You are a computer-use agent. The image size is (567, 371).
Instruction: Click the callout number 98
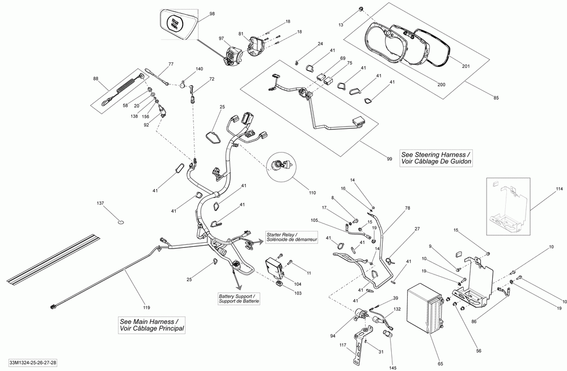point(212,14)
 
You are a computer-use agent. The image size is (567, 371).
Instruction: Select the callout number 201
point(466,66)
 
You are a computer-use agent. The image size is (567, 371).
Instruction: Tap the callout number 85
point(496,98)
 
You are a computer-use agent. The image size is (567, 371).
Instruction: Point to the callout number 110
point(312,193)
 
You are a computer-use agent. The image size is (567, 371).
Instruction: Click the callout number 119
point(146,308)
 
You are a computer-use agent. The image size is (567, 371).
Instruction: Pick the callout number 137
point(100,204)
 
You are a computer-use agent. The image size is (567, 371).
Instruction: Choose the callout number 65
point(441,364)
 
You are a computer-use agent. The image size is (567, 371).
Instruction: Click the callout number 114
point(559,189)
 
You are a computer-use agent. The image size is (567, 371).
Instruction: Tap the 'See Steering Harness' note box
point(436,158)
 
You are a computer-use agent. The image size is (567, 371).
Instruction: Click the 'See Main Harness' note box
point(151,325)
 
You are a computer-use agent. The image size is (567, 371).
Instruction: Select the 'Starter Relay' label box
point(291,238)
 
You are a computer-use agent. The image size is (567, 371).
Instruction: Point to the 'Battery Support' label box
point(239,298)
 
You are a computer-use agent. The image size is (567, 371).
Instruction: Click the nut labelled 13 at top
point(361,9)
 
